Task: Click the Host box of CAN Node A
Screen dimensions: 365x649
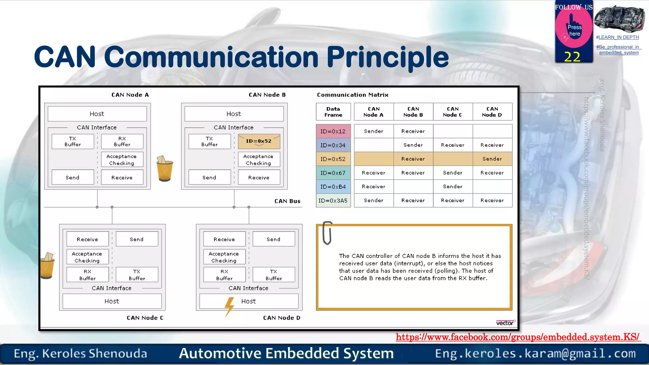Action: [x=97, y=114]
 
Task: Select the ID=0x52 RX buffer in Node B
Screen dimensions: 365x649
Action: [x=259, y=141]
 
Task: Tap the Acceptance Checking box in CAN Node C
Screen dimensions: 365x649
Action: [x=87, y=257]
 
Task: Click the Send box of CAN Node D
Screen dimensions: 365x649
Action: [x=273, y=239]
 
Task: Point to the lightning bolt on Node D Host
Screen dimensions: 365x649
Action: [x=229, y=306]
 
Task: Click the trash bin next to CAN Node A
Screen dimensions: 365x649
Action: [x=164, y=169]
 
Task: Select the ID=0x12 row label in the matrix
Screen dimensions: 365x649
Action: [x=333, y=131]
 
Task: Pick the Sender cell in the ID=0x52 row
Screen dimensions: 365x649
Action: [x=492, y=159]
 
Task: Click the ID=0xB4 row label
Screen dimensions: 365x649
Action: [x=333, y=187]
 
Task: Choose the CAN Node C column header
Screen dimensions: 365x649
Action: [x=453, y=112]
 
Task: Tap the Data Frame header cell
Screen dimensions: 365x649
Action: [x=333, y=112]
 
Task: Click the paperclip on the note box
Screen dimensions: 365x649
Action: [x=327, y=233]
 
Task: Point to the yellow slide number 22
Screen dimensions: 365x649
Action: [x=572, y=57]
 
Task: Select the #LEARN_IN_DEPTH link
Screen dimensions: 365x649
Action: [x=617, y=37]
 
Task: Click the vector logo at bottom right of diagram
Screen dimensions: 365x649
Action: [x=505, y=323]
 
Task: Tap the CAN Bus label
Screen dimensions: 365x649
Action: [x=287, y=201]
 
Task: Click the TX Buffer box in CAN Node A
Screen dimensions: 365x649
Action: [x=73, y=141]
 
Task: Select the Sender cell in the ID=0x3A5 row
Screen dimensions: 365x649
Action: [x=374, y=200]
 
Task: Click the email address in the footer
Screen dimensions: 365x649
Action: [x=535, y=353]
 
